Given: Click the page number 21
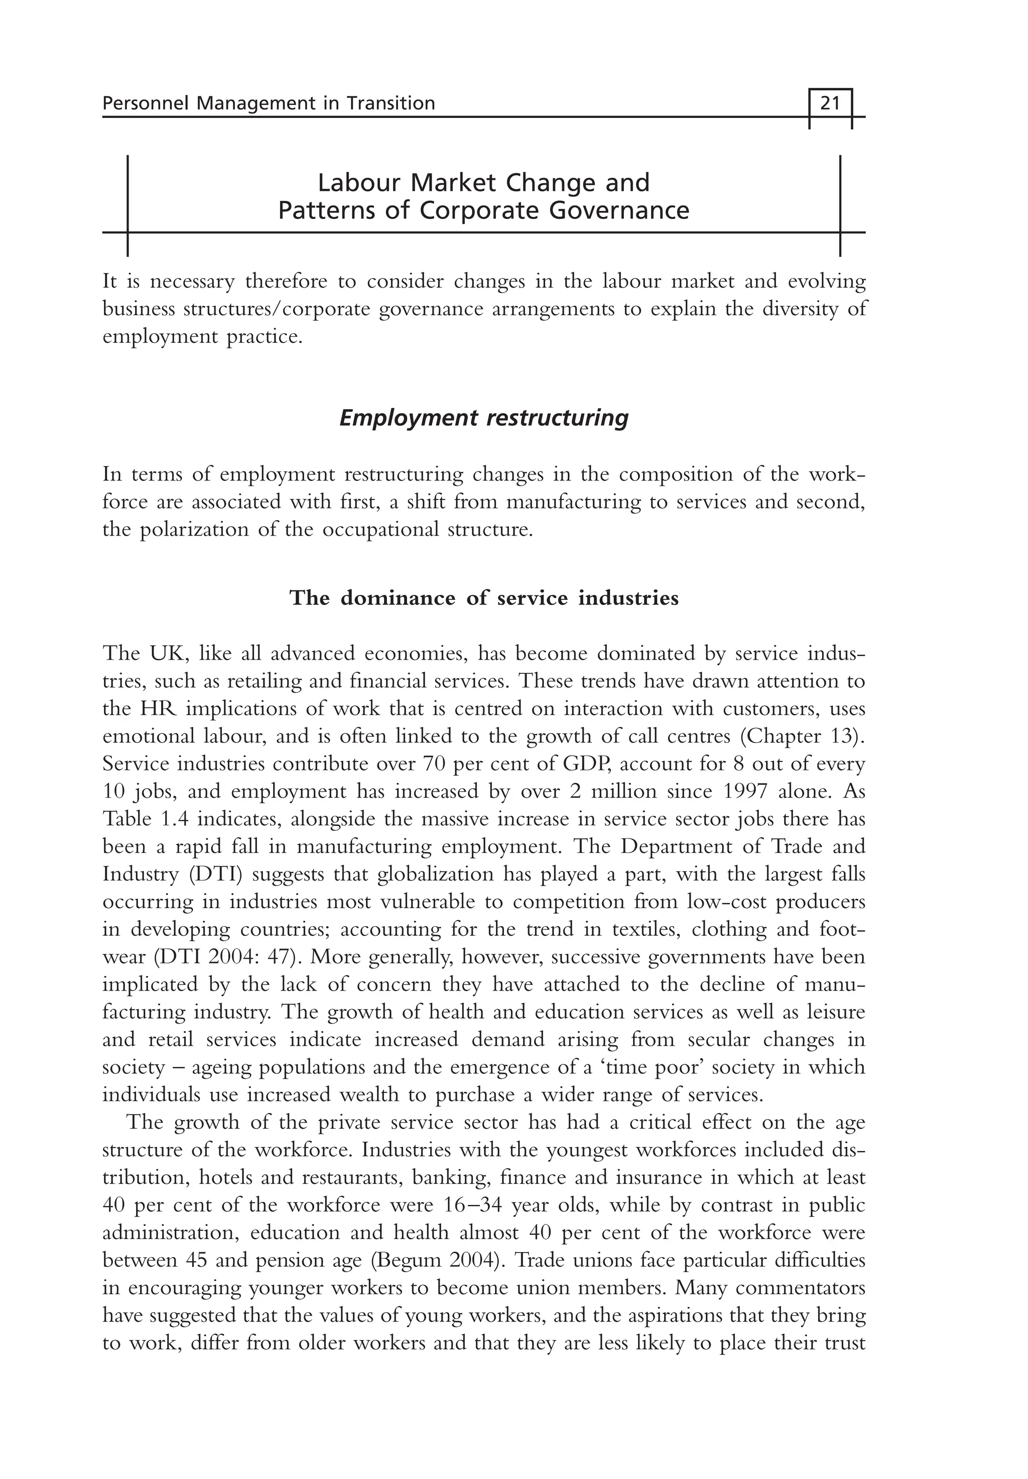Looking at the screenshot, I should pyautogui.click(x=830, y=103).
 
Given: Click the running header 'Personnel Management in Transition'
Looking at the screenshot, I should pyautogui.click(x=269, y=103).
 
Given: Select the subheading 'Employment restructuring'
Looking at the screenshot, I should pyautogui.click(x=484, y=419).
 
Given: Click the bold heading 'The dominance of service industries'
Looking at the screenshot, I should pyautogui.click(x=484, y=598).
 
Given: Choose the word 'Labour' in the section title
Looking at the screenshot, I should pyautogui.click(x=360, y=183).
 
